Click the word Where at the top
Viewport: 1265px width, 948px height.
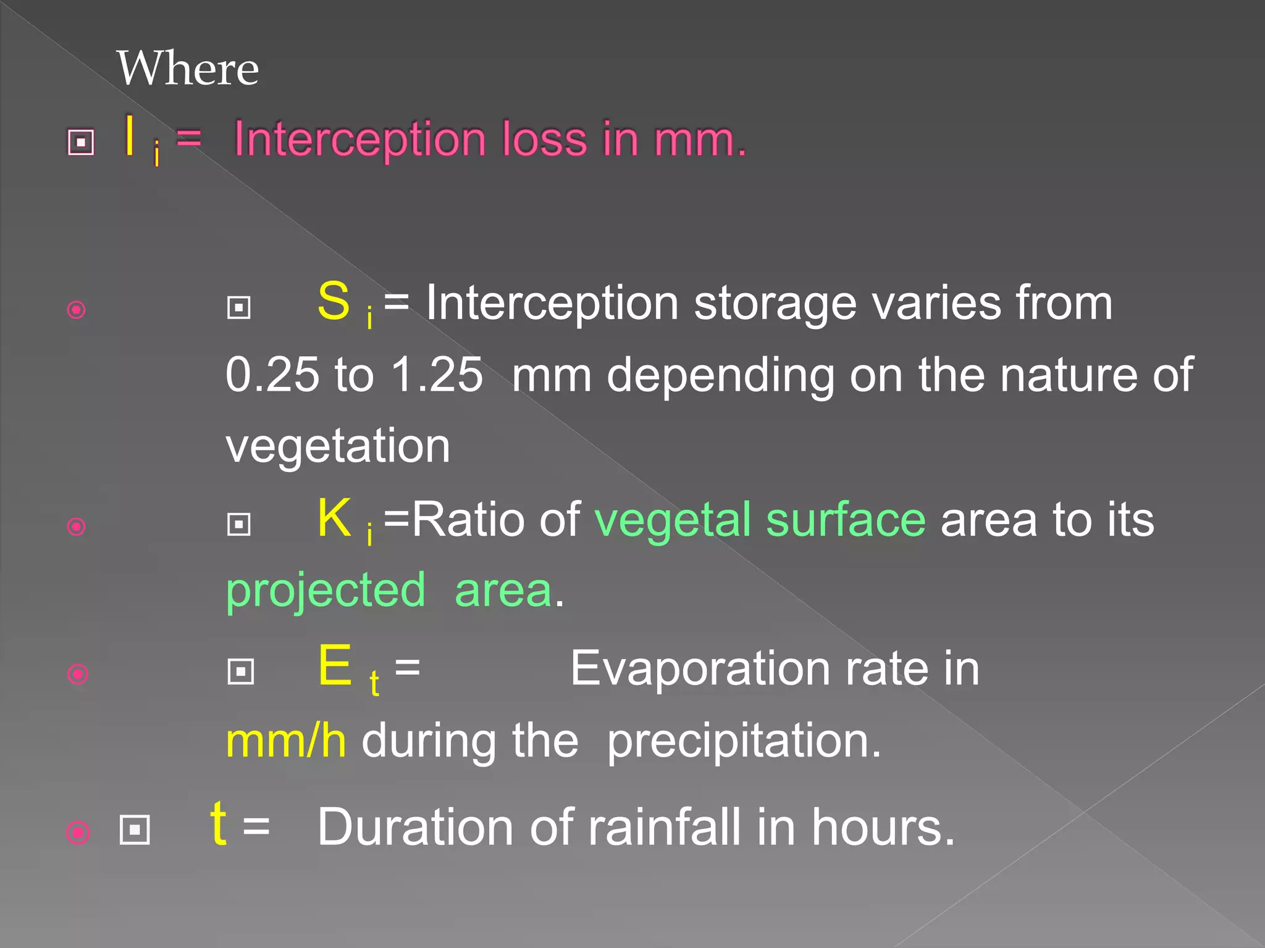188,69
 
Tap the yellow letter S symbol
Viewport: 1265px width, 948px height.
334,301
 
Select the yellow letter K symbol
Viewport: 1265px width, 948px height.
334,518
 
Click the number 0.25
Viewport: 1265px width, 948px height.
272,375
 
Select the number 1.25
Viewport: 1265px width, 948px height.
437,375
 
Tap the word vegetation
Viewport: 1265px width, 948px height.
338,446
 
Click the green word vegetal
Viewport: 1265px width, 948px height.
673,520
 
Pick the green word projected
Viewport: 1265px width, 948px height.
326,591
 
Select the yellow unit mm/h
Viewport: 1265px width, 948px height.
286,741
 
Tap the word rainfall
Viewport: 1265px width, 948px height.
664,827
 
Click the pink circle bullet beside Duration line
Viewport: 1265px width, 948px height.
78,833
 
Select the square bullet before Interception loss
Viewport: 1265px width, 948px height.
81,143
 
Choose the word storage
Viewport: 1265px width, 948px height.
775,304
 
